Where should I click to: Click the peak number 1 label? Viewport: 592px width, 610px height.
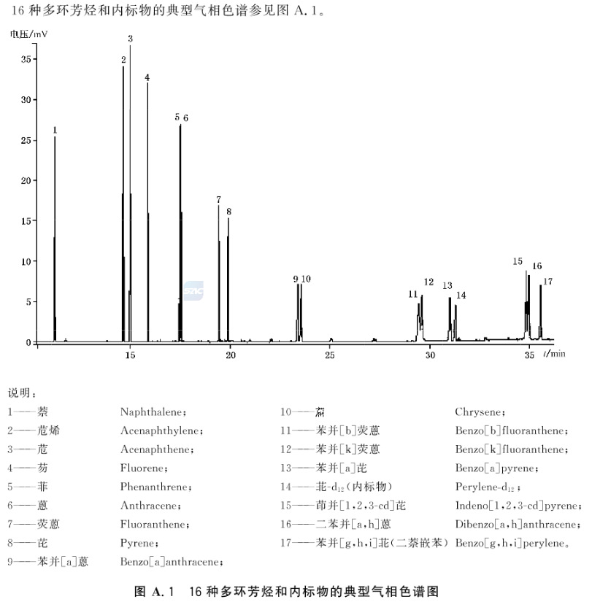coord(55,130)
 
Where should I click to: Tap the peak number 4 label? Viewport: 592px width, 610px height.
coord(147,77)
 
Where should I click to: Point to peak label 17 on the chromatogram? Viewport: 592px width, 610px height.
coord(547,282)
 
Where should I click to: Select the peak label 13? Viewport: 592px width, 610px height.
coord(447,285)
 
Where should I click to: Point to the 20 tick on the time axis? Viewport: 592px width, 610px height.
coord(230,355)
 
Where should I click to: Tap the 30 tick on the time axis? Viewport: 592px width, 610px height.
coord(430,355)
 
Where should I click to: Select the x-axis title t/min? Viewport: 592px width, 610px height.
coord(554,354)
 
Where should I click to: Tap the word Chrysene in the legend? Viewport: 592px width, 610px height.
coord(479,412)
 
